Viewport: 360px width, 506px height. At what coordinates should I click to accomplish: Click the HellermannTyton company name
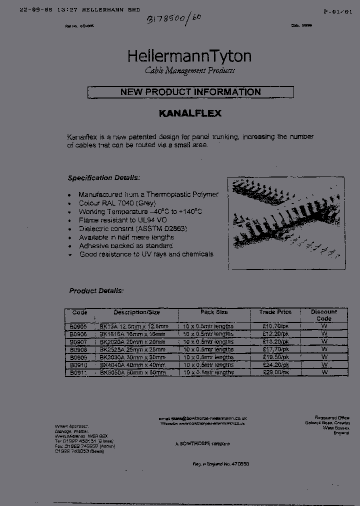[189, 56]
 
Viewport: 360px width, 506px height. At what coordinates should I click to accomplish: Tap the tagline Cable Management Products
[189, 71]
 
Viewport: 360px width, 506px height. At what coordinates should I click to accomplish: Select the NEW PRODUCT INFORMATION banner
[190, 92]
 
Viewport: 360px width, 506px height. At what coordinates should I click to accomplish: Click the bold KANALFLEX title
[190, 113]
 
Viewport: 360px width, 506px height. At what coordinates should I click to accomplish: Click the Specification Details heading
[104, 178]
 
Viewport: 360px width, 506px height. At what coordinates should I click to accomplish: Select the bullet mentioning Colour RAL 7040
[117, 203]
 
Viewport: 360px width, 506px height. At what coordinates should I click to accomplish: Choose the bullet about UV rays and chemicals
[146, 254]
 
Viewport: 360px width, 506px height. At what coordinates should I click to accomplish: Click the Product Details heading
[96, 290]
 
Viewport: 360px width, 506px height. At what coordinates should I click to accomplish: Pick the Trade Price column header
[275, 312]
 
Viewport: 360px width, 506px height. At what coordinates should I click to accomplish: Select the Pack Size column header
[214, 312]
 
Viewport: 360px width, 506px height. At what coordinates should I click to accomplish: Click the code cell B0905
[79, 326]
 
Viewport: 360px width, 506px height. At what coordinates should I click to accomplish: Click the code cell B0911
[79, 372]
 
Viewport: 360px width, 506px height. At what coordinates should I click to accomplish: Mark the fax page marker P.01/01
[338, 11]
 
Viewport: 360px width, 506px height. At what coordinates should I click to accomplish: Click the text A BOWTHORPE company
[202, 443]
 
